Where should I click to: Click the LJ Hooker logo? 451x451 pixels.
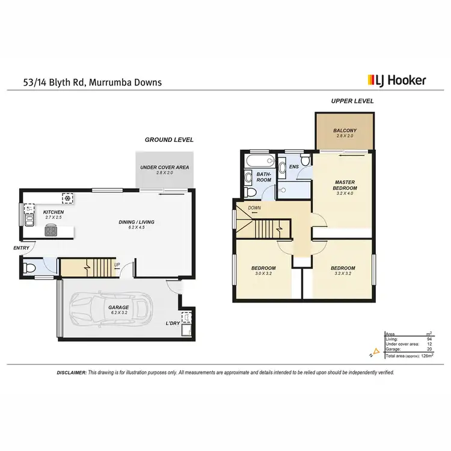(x=396, y=80)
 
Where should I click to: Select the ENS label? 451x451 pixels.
(x=294, y=167)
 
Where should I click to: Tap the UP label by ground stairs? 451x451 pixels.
(x=117, y=264)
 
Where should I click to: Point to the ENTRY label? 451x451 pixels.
(x=21, y=247)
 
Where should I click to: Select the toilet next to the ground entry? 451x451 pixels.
(x=29, y=268)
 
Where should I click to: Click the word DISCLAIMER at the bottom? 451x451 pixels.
(x=72, y=373)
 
